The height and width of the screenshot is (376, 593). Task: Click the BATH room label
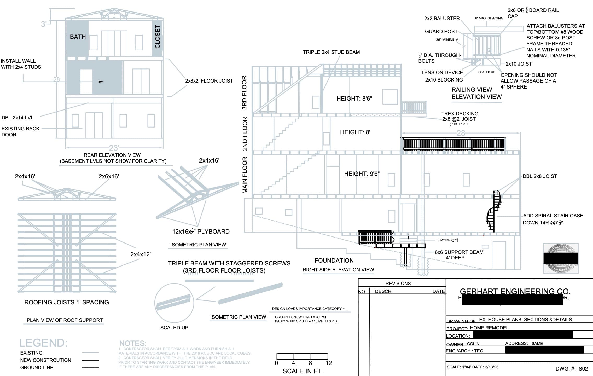coord(78,37)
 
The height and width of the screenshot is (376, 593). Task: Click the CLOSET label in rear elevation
coord(157,37)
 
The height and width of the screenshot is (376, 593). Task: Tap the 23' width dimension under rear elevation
coord(114,148)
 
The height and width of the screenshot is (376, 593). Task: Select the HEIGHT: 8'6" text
coord(354,99)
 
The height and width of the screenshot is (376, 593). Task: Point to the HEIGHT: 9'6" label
coord(362,174)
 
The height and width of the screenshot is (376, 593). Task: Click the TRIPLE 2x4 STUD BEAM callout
coord(331,52)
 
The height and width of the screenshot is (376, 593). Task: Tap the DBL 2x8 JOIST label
coord(539,176)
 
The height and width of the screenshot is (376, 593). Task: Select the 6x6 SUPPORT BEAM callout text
coord(459,252)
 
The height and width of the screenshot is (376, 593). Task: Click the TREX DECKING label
coord(460,114)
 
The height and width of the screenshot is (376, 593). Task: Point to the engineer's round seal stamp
coord(561,258)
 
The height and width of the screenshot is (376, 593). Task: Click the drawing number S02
coord(583,368)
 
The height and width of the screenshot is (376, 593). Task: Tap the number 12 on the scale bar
coord(328,363)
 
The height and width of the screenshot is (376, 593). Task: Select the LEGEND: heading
coord(43,343)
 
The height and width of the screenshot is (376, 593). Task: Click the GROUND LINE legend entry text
coord(37,367)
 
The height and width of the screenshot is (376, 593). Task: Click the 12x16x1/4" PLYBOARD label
coord(201,232)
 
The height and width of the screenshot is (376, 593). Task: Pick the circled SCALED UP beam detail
coord(174,303)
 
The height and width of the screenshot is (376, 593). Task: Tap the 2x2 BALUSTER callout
coord(442,18)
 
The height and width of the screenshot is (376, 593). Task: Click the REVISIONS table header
coord(398,283)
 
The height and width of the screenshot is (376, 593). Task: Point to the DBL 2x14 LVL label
coord(18,118)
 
